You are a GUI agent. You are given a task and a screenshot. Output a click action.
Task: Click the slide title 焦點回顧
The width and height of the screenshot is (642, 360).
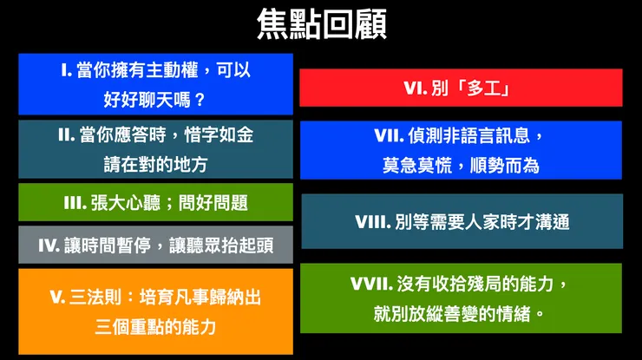tap(321, 24)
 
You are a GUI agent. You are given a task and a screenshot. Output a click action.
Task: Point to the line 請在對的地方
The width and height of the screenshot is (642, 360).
tap(155, 163)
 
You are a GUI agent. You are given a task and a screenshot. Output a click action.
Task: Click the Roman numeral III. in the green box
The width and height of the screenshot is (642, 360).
tap(75, 203)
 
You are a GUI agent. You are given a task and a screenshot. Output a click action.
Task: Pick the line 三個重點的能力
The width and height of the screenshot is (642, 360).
tap(155, 327)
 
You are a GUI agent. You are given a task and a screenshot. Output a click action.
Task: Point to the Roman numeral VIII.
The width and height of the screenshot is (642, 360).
tap(374, 222)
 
